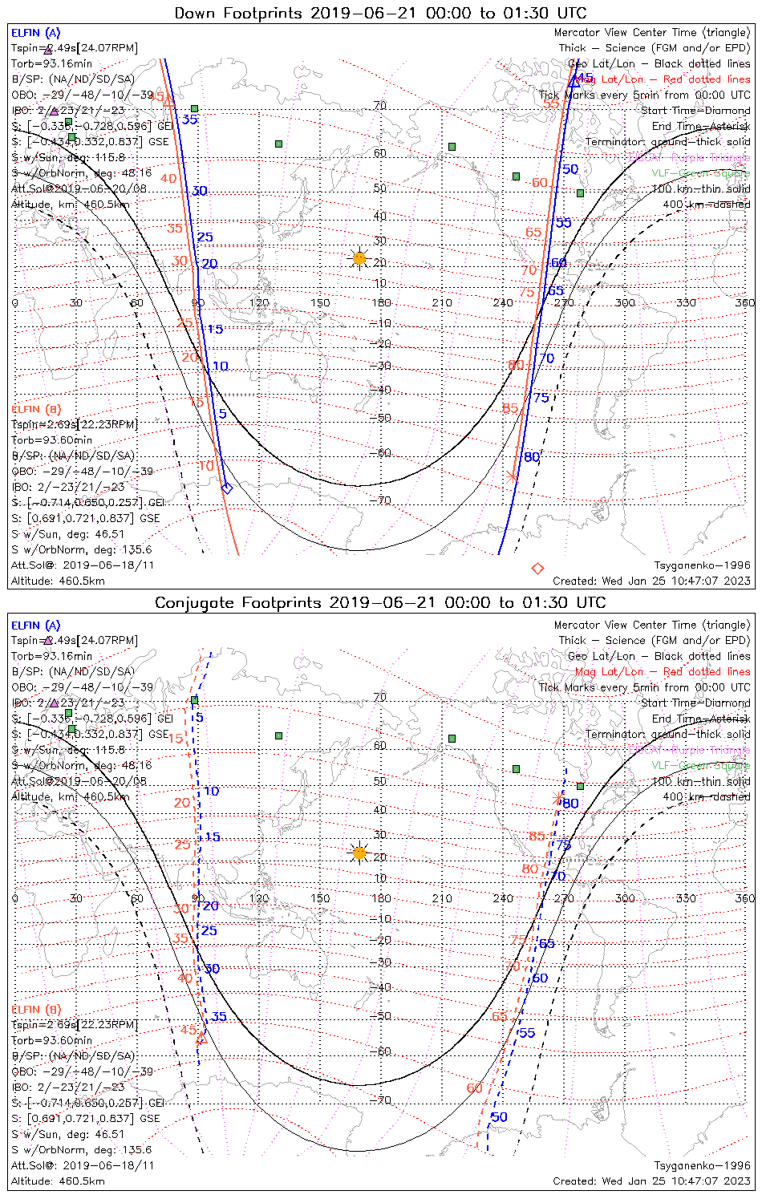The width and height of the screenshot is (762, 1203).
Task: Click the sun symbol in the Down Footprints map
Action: click(x=359, y=258)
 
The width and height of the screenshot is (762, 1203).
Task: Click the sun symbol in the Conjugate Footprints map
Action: click(x=359, y=853)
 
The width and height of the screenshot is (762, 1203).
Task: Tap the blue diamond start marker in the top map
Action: click(x=227, y=488)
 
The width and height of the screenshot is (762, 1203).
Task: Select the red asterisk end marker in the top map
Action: click(x=513, y=476)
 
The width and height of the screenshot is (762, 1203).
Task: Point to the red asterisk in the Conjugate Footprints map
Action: click(x=557, y=797)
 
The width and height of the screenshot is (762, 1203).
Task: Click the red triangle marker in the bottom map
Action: click(x=201, y=1039)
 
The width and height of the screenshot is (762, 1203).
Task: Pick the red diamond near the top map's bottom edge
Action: click(x=538, y=569)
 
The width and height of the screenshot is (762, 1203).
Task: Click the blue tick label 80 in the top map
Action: click(x=532, y=457)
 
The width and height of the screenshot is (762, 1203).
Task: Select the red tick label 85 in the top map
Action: click(x=510, y=408)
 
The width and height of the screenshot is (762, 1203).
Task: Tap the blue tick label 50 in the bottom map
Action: click(x=499, y=1117)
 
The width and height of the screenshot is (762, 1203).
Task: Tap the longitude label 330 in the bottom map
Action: click(x=686, y=898)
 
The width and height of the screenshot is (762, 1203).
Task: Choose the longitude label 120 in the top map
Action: click(x=259, y=303)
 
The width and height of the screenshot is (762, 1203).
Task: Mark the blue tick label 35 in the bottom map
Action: click(x=218, y=1017)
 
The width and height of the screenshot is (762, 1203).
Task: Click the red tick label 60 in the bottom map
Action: click(x=475, y=1088)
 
